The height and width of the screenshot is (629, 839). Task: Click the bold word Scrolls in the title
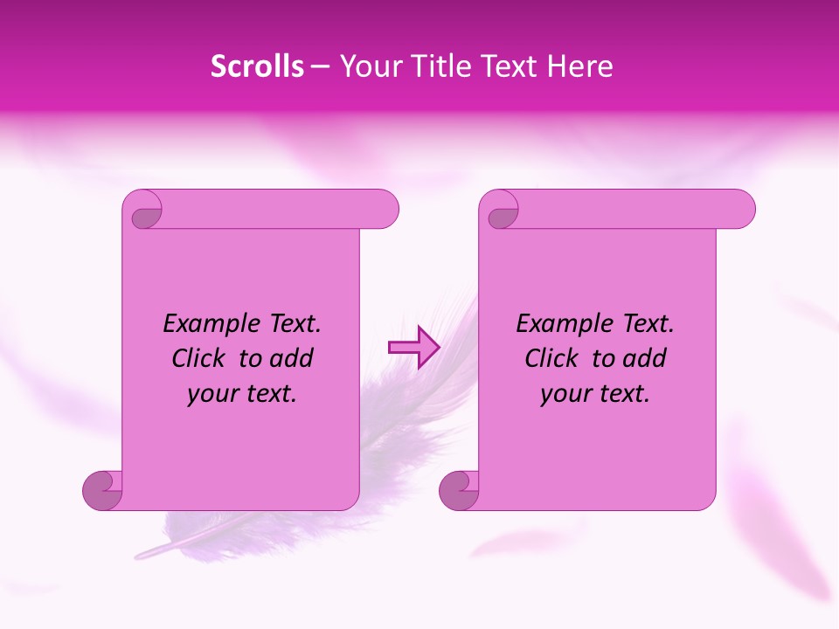pyautogui.click(x=257, y=66)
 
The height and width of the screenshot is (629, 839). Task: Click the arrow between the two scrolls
pyautogui.click(x=413, y=348)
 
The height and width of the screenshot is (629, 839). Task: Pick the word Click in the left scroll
pyautogui.click(x=200, y=359)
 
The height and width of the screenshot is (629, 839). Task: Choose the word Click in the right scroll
pyautogui.click(x=553, y=359)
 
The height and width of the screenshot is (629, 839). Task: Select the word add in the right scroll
pyautogui.click(x=644, y=359)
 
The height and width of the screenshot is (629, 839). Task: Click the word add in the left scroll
pyautogui.click(x=291, y=359)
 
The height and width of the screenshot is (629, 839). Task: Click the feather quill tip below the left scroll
pyautogui.click(x=142, y=554)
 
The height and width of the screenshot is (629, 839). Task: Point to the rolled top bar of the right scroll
pyautogui.click(x=629, y=210)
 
